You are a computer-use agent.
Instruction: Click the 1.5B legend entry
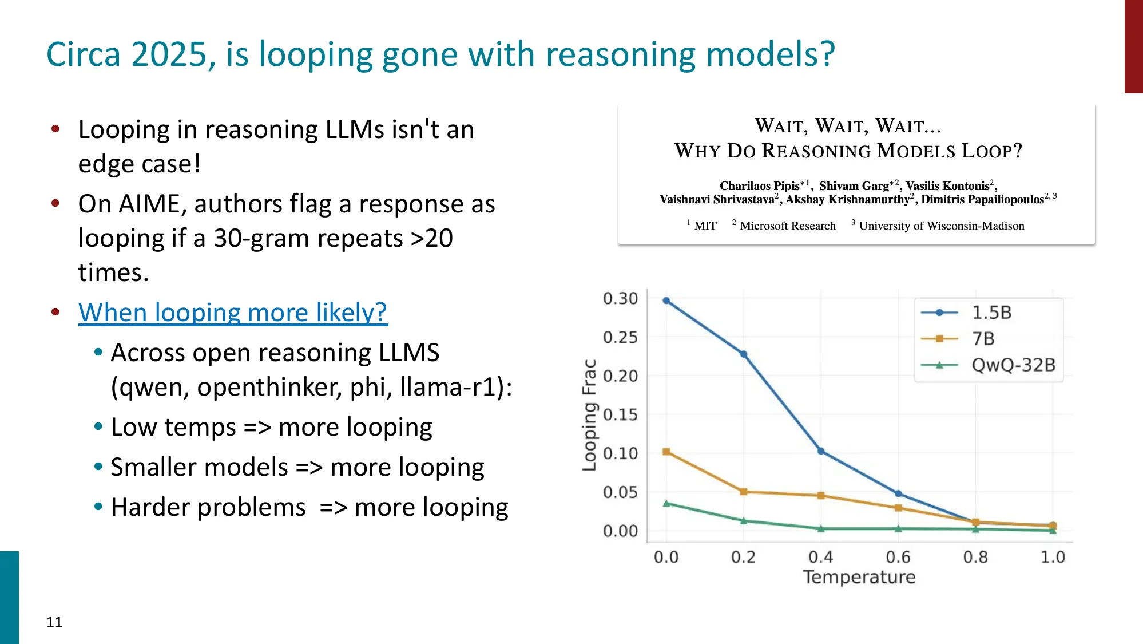pos(991,313)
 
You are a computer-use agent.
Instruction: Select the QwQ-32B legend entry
pos(1013,365)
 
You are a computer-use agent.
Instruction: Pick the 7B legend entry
pos(983,339)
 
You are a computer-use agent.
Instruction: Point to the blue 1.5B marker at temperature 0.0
pos(666,301)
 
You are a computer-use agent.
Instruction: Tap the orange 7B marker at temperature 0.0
pos(666,452)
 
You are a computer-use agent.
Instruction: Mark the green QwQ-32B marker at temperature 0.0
pos(666,504)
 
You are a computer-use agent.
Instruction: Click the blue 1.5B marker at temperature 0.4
pos(821,451)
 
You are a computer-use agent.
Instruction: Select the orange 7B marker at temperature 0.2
pos(744,492)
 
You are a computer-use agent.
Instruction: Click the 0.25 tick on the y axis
pos(620,337)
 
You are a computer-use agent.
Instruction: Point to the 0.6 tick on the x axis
pos(898,557)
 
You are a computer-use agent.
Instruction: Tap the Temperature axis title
pos(859,577)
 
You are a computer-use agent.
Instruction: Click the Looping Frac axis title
pos(589,415)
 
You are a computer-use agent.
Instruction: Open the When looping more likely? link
pos(233,313)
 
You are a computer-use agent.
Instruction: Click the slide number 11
pos(54,622)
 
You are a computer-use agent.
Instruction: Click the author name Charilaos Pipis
pos(759,186)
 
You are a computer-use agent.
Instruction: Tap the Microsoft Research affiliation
pos(788,226)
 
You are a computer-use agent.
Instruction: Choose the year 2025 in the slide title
pos(168,55)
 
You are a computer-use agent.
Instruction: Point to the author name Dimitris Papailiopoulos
pos(982,199)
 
